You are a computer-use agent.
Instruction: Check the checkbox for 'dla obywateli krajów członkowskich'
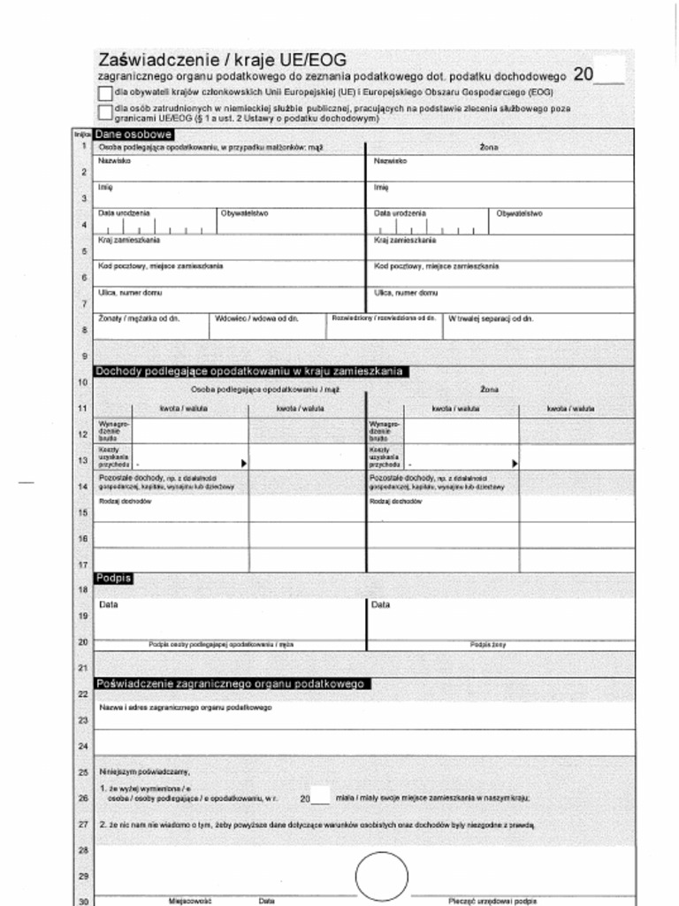pos(105,92)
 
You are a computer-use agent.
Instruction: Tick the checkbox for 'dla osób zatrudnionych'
pos(105,111)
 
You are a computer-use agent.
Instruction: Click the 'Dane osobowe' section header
pos(127,134)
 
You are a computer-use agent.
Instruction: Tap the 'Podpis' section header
pos(113,578)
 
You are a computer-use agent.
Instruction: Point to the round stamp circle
pos(382,877)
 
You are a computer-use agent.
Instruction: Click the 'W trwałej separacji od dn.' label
pos(491,319)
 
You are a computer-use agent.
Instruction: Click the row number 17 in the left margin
pos(82,564)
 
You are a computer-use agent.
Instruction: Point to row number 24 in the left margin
pos(82,747)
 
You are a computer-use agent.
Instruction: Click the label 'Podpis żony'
pos(488,645)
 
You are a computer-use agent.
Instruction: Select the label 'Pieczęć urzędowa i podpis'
pos(492,901)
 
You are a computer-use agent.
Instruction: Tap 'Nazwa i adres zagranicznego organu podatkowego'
pos(186,707)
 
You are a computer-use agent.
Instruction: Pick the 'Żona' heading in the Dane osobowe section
pos(489,148)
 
